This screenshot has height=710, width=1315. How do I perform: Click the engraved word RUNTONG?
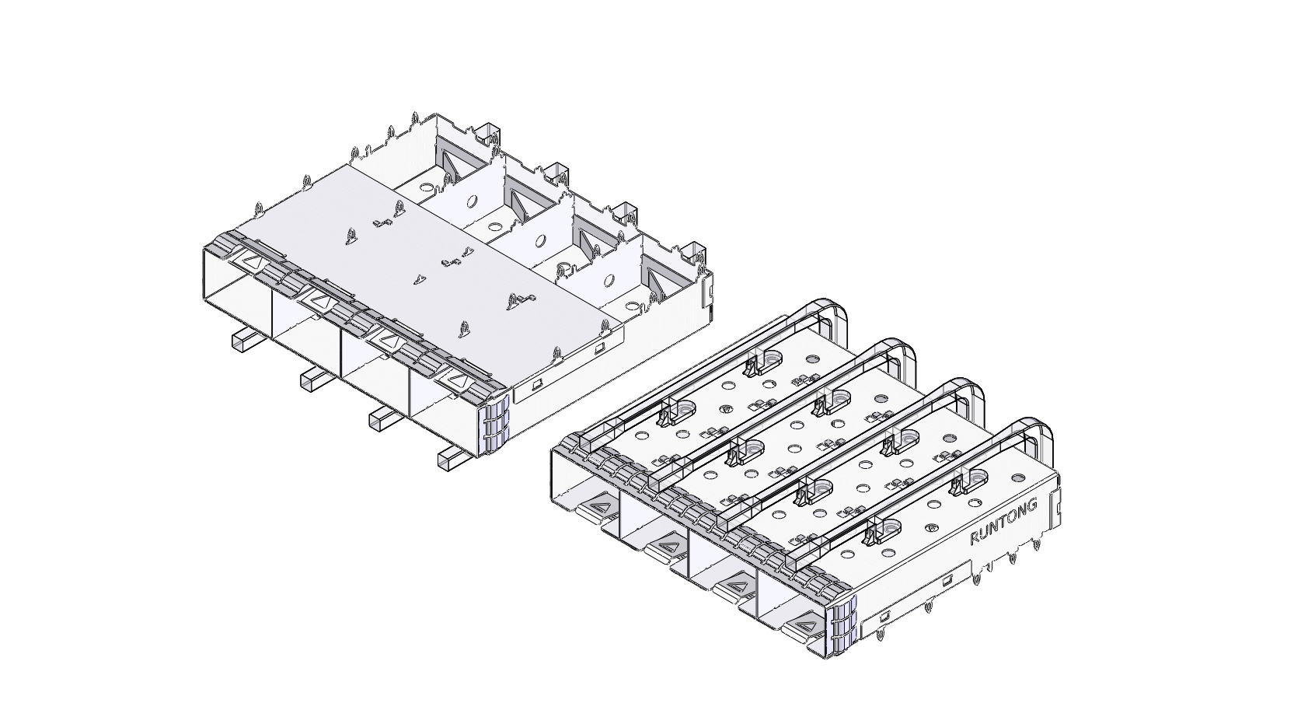point(1003,521)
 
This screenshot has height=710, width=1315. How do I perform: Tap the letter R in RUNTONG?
point(975,538)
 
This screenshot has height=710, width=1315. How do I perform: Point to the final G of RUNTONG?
point(1032,505)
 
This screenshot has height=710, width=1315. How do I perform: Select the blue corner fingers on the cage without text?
point(495,427)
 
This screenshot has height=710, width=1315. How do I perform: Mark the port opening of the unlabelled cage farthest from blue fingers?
point(237,299)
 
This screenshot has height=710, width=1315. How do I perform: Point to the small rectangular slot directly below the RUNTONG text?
point(947,579)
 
